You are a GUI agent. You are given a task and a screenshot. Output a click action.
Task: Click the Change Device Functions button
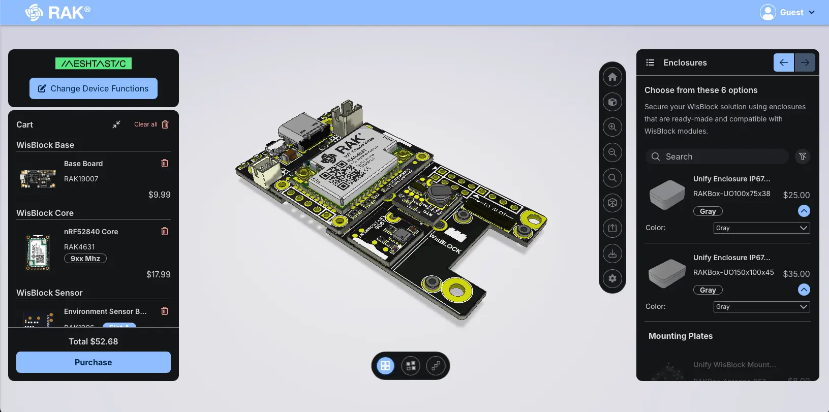94,88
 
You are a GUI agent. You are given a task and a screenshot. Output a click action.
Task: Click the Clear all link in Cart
146,124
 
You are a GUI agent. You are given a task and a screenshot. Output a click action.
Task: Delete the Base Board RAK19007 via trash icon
165,163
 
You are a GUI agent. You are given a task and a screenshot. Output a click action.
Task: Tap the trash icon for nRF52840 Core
165,231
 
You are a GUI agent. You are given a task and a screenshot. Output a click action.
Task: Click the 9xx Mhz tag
85,259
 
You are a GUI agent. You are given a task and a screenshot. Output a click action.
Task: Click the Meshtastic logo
94,64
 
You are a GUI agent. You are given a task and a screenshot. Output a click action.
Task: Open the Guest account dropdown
787,12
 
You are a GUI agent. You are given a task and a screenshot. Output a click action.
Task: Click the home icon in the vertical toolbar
612,77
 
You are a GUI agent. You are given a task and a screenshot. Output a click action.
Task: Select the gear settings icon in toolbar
612,278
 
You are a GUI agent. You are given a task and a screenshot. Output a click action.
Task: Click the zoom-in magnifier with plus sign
612,127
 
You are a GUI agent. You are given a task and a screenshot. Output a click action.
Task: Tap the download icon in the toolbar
612,253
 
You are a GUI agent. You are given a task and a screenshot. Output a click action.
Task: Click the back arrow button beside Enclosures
783,62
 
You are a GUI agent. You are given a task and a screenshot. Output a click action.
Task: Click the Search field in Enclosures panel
717,156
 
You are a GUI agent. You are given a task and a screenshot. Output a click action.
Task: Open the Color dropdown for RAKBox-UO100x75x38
761,228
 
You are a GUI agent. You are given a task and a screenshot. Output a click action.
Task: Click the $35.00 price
796,274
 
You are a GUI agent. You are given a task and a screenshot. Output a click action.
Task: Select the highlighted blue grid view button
385,366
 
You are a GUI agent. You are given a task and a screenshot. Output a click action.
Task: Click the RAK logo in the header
58,12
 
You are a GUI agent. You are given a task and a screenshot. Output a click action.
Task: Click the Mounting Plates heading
680,336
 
